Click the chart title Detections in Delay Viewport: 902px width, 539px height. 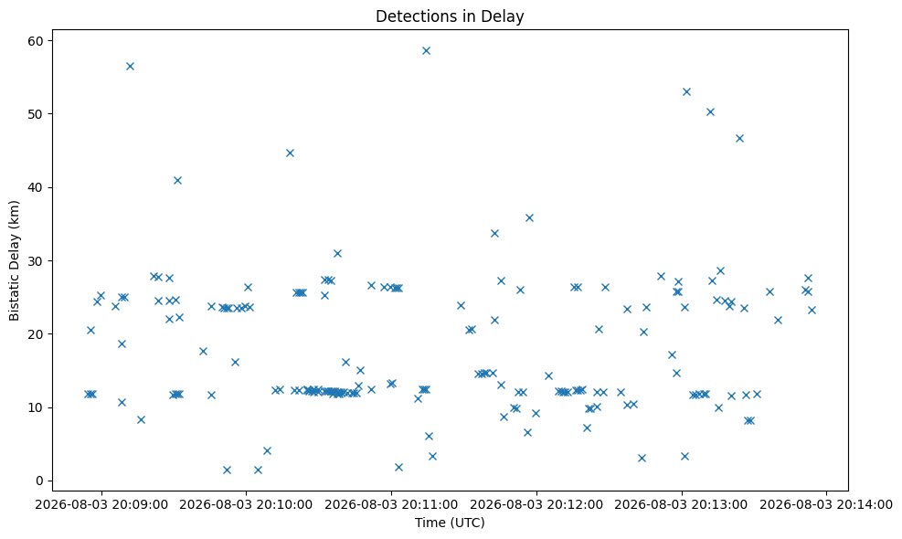pos(450,16)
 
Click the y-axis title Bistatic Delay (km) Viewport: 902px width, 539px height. pos(14,260)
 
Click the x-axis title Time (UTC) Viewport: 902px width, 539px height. pos(450,523)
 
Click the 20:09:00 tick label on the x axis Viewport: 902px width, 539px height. pos(101,505)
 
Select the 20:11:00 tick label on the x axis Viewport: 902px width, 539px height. pos(391,505)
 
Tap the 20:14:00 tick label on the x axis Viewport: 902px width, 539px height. pos(826,505)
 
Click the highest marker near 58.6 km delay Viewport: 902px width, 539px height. pos(426,50)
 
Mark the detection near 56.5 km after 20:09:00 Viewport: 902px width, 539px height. pos(130,66)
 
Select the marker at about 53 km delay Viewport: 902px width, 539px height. pos(686,92)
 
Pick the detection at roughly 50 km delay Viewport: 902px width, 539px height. pos(710,112)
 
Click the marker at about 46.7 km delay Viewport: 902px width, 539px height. pos(739,139)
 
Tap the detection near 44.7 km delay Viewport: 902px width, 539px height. pos(290,153)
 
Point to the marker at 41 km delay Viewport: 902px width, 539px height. pos(178,181)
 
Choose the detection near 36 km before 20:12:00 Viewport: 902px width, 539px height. pos(529,218)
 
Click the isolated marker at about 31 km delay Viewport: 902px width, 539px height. pos(337,254)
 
